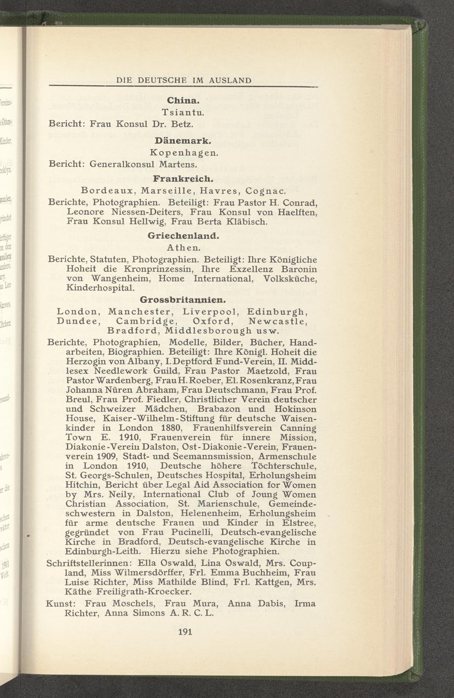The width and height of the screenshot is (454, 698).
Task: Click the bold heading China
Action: (x=183, y=101)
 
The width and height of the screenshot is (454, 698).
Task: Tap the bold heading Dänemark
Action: (x=183, y=140)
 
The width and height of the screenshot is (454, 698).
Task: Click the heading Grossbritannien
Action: (x=183, y=299)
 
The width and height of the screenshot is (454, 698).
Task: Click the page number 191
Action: (x=183, y=631)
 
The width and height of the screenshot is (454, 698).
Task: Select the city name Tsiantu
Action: (x=183, y=112)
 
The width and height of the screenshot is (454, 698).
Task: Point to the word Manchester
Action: (x=142, y=311)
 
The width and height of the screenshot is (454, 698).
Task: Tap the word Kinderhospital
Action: (x=100, y=288)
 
